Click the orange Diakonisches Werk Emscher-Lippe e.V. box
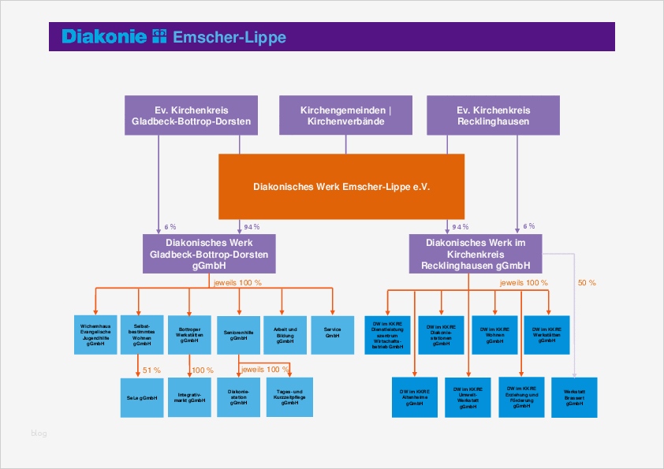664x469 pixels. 341,187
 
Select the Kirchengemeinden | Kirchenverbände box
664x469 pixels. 345,116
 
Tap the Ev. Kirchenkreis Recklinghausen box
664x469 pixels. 493,116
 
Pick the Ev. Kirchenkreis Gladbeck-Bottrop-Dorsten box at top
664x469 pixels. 192,116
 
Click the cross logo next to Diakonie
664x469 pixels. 159,36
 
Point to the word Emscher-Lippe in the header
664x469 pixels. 229,37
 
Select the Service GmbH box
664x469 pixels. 333,334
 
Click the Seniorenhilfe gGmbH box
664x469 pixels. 239,334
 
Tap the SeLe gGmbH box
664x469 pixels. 142,397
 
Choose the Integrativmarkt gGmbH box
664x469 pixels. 190,397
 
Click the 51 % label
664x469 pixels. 151,370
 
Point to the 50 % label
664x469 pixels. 587,282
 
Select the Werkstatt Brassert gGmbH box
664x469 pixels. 574,397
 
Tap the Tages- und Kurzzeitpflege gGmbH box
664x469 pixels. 289,397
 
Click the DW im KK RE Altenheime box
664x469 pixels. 415,397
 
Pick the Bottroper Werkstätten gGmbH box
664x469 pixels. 190,334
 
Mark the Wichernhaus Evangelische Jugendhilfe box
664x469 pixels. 95,334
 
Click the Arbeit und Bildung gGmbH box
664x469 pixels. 285,334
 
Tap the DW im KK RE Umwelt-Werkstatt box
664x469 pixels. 468,397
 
